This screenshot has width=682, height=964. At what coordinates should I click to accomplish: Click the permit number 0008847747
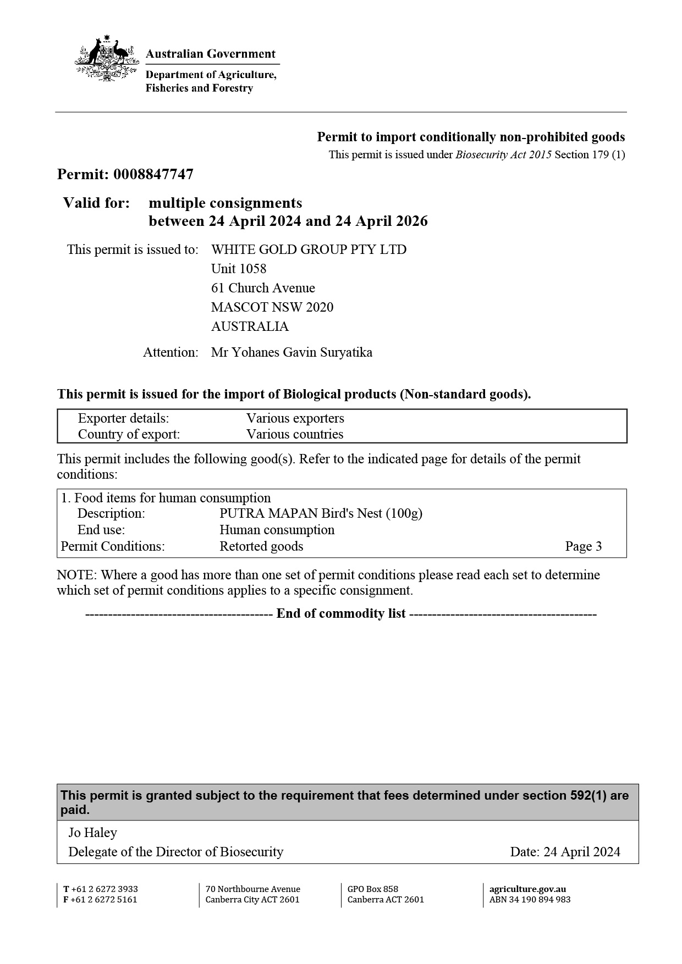coord(153,175)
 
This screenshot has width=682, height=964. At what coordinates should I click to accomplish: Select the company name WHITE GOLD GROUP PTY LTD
coord(309,250)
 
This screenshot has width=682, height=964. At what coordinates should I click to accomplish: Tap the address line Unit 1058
coord(239,269)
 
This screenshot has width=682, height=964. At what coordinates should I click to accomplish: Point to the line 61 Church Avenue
coord(263,288)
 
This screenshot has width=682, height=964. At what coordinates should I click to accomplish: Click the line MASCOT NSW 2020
coord(272,307)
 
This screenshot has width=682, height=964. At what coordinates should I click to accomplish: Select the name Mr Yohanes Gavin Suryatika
coord(291,352)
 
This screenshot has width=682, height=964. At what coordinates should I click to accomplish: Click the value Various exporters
coord(295,418)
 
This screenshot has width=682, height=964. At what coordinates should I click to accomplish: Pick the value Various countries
coord(294,434)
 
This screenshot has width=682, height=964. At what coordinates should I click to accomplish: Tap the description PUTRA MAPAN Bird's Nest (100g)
coord(321,513)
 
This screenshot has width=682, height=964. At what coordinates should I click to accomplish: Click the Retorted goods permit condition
coord(261,546)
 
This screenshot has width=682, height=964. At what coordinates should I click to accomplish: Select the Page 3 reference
coord(583,546)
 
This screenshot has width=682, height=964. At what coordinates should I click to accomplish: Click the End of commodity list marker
coord(341,613)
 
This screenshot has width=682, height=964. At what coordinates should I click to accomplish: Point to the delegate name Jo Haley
coord(92,833)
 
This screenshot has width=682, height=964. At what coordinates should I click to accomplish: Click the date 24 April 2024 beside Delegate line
coord(581,852)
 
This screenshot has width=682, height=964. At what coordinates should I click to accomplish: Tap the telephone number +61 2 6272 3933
coord(105,889)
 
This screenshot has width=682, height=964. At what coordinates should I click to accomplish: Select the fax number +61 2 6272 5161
coord(104,900)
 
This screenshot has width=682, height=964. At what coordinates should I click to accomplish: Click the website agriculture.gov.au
coord(527,889)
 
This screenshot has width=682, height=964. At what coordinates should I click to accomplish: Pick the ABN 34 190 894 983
coord(530,900)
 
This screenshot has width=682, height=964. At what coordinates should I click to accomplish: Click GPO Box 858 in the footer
coord(373,889)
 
